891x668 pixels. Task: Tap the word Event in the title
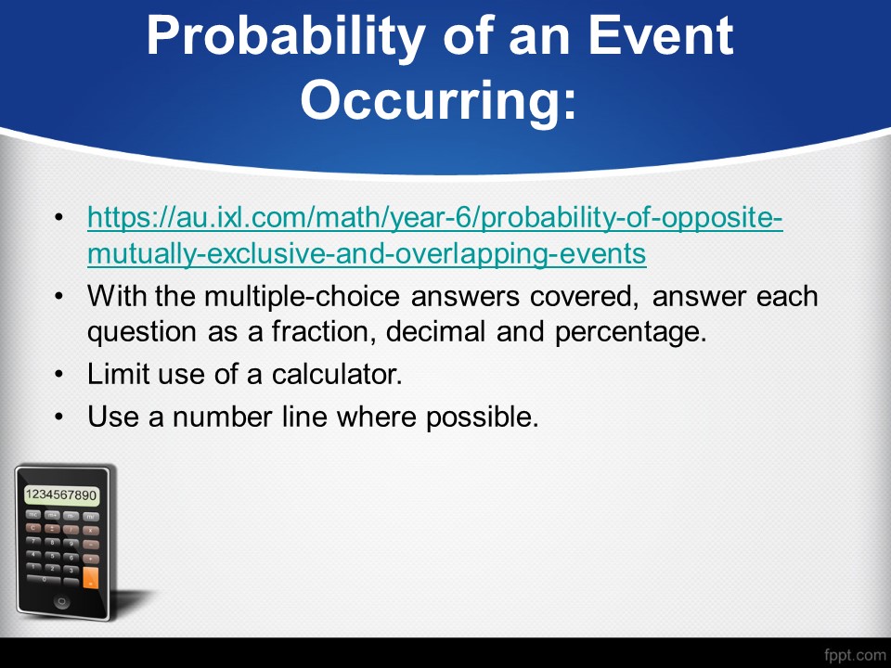pos(660,35)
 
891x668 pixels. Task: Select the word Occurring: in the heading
pos(439,100)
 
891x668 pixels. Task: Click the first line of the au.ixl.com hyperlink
pos(435,217)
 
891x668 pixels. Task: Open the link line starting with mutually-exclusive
pos(368,254)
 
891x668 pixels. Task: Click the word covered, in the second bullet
pos(584,297)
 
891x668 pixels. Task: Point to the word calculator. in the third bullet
pos(337,374)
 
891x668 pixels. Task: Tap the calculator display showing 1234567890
pos(61,495)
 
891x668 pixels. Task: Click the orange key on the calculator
pos(90,577)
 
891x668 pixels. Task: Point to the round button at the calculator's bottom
pos(61,601)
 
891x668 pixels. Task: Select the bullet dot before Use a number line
pos(59,417)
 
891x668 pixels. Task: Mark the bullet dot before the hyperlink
pos(59,218)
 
